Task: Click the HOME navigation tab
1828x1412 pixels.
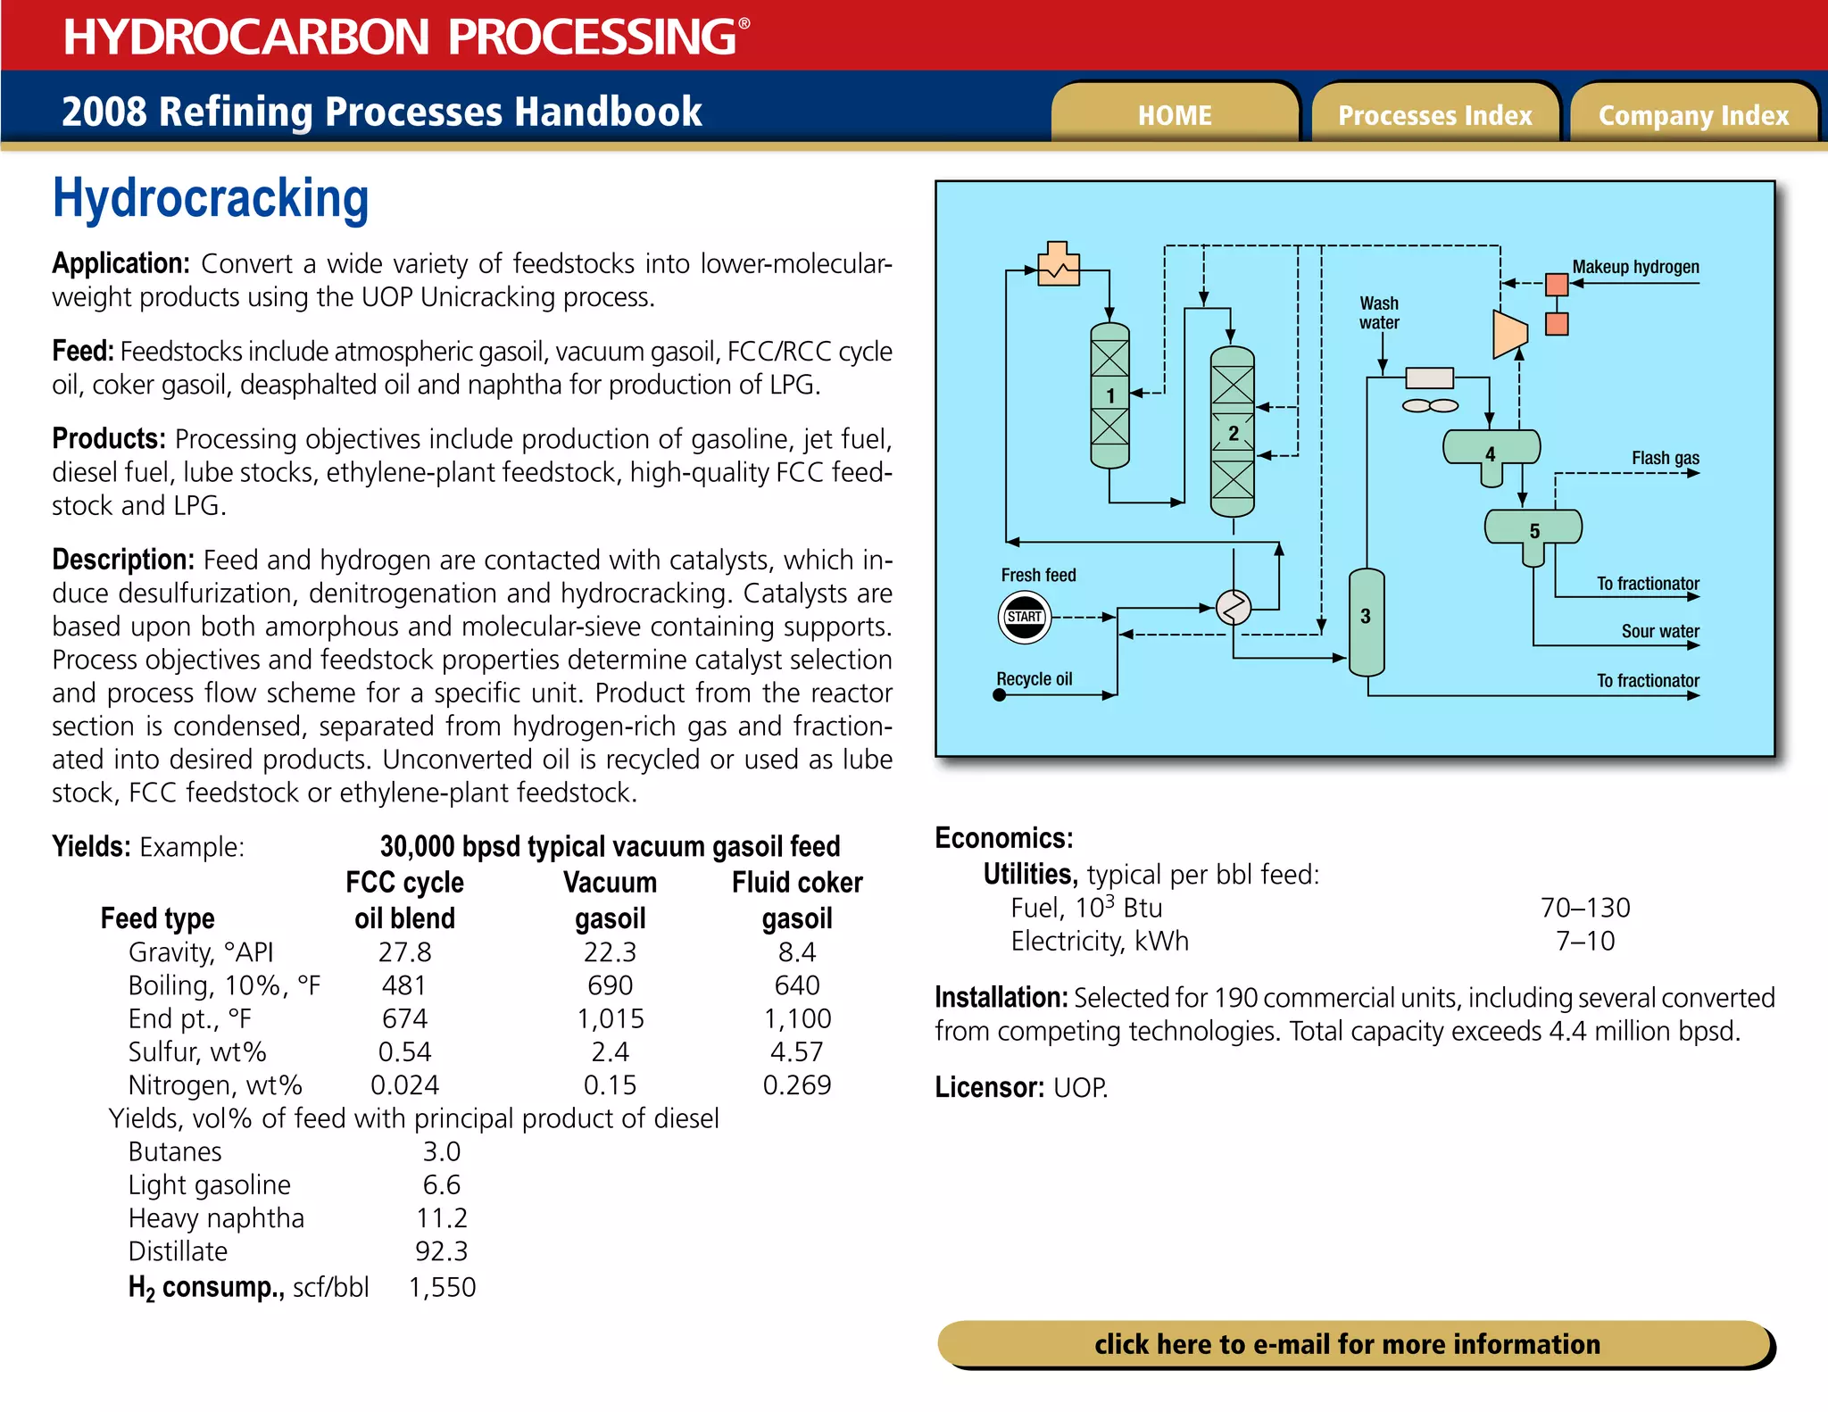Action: [1174, 115]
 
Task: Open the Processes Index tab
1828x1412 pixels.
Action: [1434, 115]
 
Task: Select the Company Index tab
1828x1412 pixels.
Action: [1693, 115]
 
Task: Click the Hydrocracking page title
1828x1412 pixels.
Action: [211, 198]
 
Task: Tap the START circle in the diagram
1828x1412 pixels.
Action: [1024, 617]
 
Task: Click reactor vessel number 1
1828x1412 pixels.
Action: [1109, 395]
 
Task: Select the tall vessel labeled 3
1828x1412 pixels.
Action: [1366, 621]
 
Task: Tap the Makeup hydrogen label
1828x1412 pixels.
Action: [1635, 267]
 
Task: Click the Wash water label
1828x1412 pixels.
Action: [1379, 313]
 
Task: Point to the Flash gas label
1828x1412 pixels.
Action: [1665, 458]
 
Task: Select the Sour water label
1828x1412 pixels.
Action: [1659, 631]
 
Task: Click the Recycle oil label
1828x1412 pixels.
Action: [1034, 679]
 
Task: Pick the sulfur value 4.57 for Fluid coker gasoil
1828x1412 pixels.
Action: [796, 1051]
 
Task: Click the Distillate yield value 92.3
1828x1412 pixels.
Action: [441, 1251]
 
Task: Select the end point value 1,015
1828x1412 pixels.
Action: [610, 1018]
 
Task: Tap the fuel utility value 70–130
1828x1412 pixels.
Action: [1584, 908]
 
